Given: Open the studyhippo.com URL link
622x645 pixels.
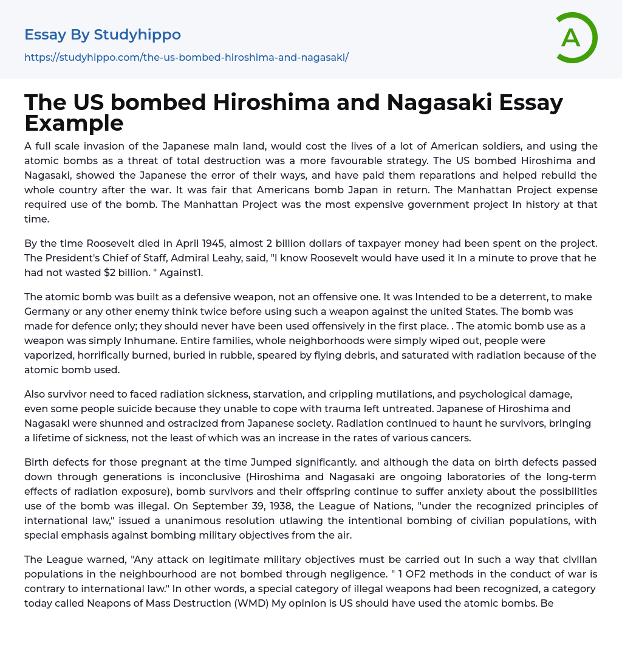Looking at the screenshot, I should coord(186,58).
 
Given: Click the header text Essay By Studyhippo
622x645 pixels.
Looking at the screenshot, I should coord(103,35).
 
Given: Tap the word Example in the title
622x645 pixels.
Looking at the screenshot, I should coord(74,123).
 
